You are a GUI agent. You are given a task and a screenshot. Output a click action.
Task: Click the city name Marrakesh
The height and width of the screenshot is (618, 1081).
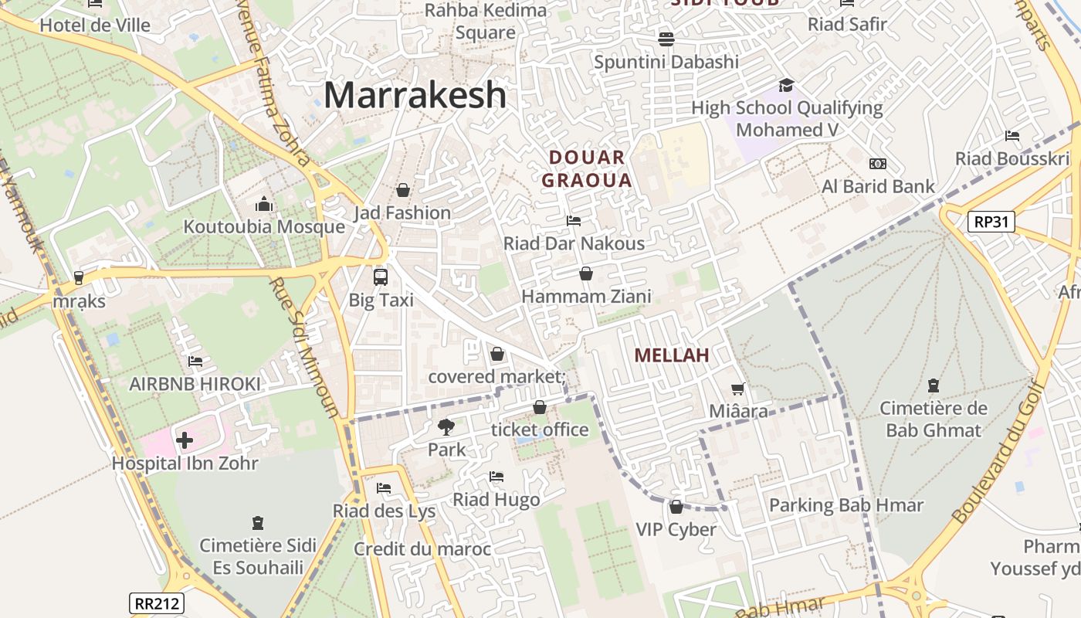(x=415, y=95)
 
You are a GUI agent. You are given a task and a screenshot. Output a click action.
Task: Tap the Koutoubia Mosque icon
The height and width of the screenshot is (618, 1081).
(x=264, y=205)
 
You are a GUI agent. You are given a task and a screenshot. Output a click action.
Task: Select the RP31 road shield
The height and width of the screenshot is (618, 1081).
(x=991, y=222)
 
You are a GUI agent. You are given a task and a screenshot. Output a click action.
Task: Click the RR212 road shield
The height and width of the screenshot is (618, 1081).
(x=156, y=603)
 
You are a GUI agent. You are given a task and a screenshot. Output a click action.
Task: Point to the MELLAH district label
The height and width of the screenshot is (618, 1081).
(x=672, y=355)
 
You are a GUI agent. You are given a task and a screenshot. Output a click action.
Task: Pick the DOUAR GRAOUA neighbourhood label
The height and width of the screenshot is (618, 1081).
(x=587, y=169)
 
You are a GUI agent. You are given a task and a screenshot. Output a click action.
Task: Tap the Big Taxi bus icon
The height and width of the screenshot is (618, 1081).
(x=380, y=277)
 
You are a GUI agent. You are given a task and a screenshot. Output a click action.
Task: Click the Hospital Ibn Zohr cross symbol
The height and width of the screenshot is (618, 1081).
(x=184, y=440)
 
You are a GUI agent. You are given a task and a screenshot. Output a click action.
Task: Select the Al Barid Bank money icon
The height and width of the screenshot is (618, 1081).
(x=878, y=164)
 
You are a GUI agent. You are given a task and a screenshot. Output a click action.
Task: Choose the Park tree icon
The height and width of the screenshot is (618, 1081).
(x=446, y=426)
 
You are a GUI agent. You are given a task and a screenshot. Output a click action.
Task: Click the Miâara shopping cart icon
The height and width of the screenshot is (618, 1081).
(x=738, y=389)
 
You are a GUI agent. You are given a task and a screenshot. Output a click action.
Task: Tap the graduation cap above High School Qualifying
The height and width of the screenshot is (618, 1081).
(x=786, y=85)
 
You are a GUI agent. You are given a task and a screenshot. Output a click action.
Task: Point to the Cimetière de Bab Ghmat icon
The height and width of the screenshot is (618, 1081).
(x=934, y=385)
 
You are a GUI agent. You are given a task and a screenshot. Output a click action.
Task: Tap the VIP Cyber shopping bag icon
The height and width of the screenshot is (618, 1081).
(x=676, y=507)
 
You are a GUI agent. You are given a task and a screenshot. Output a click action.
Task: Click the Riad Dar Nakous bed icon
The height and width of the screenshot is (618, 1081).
(x=574, y=221)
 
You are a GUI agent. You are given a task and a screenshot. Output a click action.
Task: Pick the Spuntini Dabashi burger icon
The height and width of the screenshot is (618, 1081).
(x=666, y=39)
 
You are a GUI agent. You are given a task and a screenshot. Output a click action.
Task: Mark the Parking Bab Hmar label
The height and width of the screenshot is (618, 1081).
(x=846, y=505)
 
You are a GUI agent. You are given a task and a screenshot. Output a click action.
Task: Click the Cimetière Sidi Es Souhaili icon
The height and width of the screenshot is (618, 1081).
(x=258, y=523)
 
